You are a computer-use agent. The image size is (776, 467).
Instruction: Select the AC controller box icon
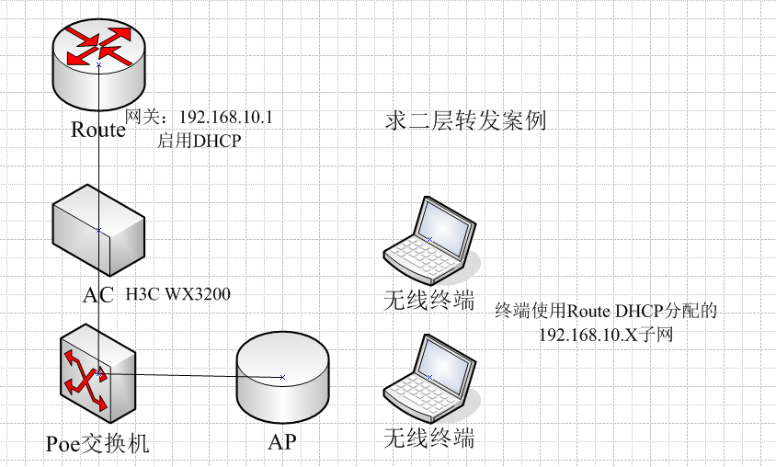coord(98,230)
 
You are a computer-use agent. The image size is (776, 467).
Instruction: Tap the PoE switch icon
coord(98,373)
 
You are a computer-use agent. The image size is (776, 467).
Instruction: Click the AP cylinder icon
coord(282,377)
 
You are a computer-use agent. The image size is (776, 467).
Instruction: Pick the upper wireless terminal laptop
coord(430,239)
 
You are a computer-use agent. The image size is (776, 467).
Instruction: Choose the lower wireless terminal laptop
coord(430,378)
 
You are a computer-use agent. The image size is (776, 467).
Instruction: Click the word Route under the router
coord(98,130)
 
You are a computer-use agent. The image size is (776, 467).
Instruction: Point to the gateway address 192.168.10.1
coord(225,118)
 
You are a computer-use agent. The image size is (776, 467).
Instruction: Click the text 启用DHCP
coord(199,141)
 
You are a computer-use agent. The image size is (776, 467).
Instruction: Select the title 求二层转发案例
coord(466,120)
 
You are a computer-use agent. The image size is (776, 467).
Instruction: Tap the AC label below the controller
coord(98,295)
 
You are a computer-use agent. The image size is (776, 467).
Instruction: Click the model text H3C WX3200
coord(177,294)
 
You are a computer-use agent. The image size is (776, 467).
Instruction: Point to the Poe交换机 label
coord(97,443)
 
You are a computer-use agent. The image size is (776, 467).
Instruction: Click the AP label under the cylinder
coord(282,442)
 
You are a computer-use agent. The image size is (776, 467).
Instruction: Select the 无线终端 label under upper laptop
coord(429,301)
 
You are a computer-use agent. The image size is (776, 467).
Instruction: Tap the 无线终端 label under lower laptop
coord(429,439)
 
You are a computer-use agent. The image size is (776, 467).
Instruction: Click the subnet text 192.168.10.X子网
coord(606,335)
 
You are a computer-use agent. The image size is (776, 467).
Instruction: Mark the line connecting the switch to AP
coord(190,375)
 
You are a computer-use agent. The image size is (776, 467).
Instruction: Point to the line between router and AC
coord(99,147)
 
